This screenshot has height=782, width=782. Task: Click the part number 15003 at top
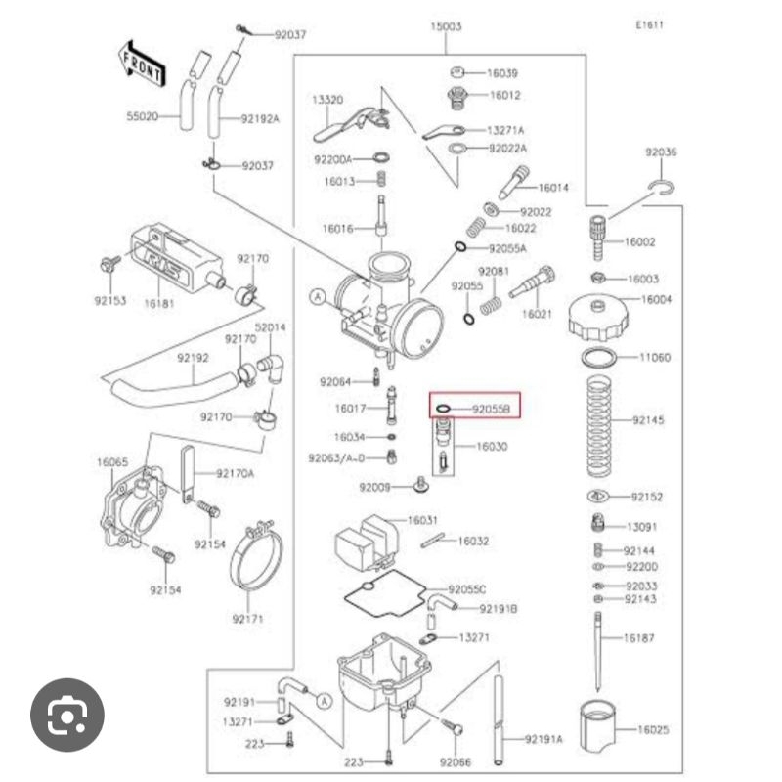pos(446,27)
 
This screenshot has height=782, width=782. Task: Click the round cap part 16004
pos(603,315)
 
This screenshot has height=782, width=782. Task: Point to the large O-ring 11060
pos(602,357)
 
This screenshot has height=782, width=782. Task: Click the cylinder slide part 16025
pos(599,728)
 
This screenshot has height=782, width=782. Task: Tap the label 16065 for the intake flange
pos(111,461)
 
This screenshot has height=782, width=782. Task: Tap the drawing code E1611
pos(649,25)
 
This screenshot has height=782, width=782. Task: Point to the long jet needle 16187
pos(597,645)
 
